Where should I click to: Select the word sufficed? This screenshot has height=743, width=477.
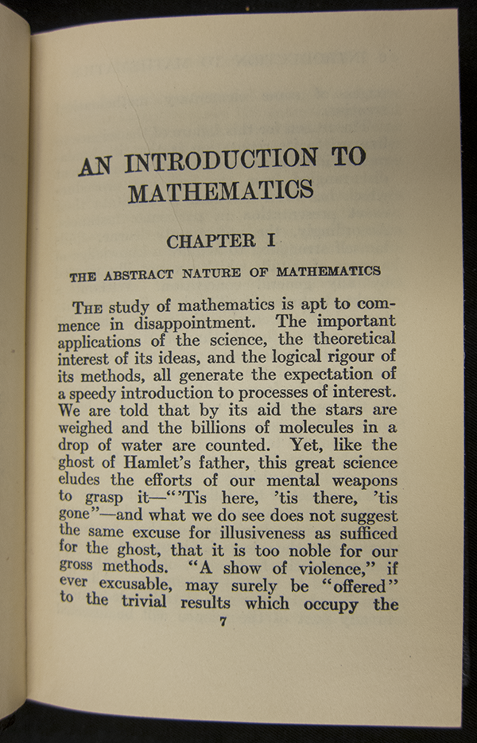pos(363,531)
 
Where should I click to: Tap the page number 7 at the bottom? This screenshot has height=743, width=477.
pos(223,622)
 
